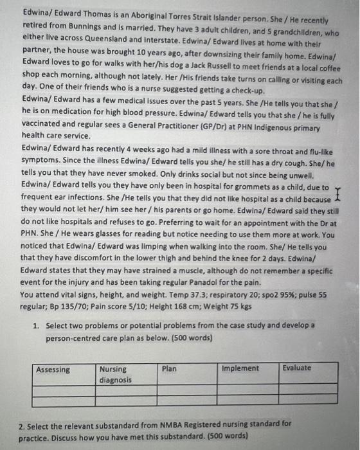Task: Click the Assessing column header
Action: tap(54, 370)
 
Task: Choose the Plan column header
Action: tap(170, 369)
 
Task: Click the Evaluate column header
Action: tap(296, 368)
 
